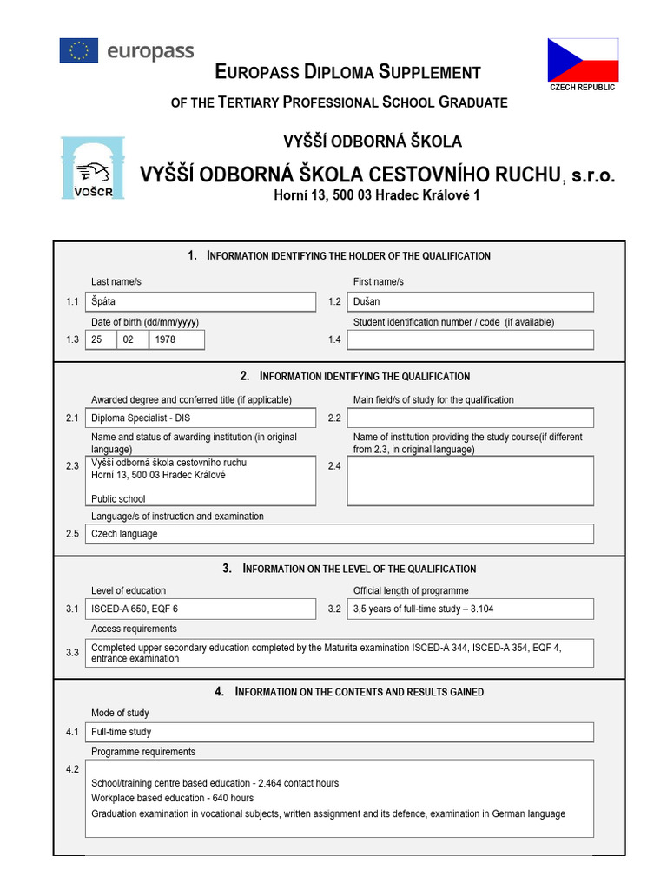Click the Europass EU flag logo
[x=79, y=51]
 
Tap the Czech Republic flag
[x=583, y=60]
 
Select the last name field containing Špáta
[x=201, y=301]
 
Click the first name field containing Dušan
[x=470, y=301]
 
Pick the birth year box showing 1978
[x=177, y=339]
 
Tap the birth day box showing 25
[x=101, y=339]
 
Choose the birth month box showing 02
[x=133, y=339]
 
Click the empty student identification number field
[x=470, y=339]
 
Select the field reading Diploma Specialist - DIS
[x=201, y=418]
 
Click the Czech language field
[x=339, y=534]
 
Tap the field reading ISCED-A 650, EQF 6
[x=201, y=609]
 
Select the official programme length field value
[x=470, y=609]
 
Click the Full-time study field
[x=339, y=732]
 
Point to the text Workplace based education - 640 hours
[x=172, y=798]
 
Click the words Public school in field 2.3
[x=118, y=499]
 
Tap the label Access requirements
[x=134, y=629]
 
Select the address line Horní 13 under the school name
[x=377, y=195]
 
